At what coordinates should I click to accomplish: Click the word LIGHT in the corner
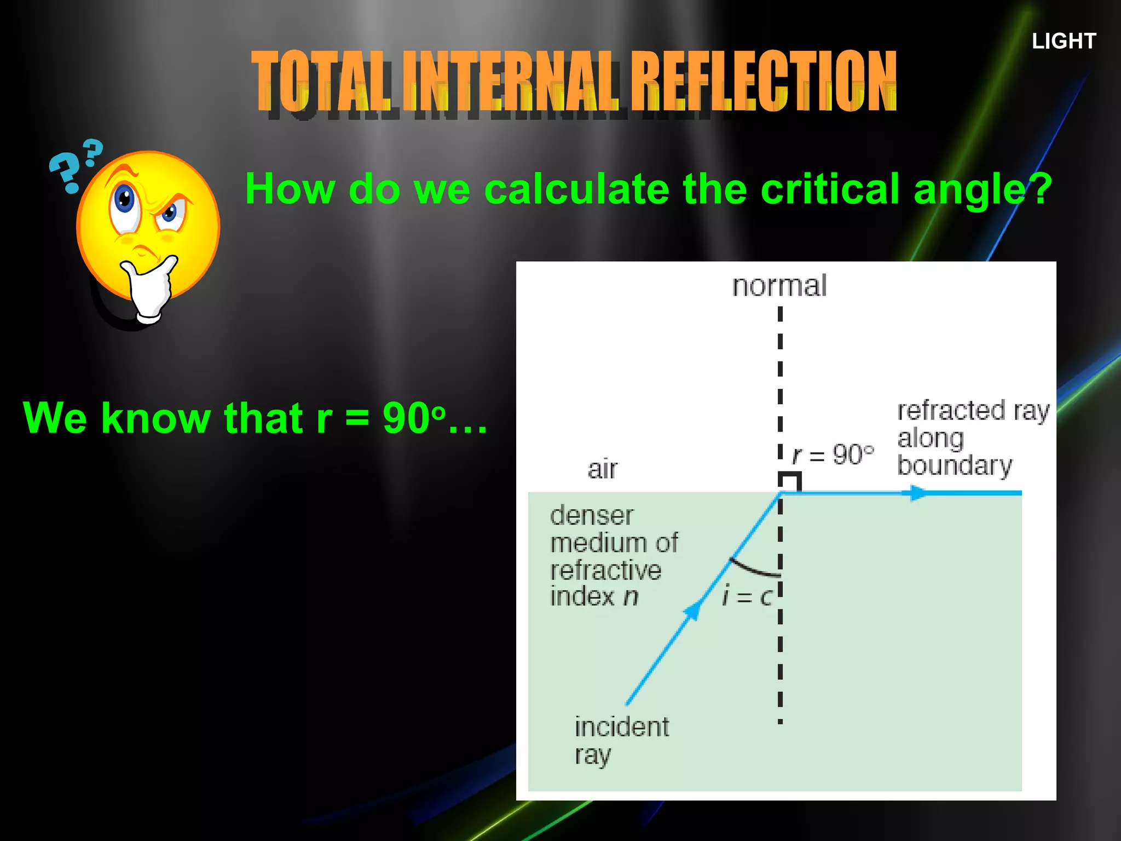tap(1064, 42)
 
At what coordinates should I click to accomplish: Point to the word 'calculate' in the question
tap(576, 189)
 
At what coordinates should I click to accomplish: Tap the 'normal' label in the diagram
tap(779, 286)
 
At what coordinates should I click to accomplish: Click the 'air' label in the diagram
tap(602, 469)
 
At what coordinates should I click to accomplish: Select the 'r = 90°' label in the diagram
tap(833, 454)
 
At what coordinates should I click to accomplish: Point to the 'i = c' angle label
tap(747, 596)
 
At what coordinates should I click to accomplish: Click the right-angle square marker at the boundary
tap(790, 482)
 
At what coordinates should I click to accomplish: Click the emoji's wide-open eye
tap(125, 201)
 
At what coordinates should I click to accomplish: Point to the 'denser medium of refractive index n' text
tap(613, 556)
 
